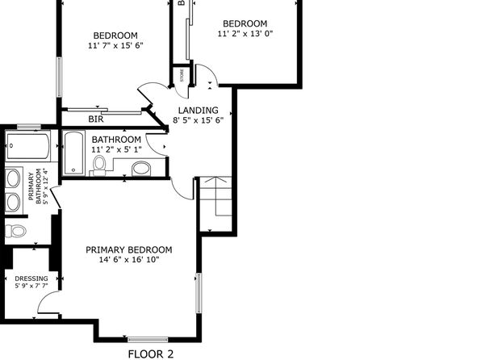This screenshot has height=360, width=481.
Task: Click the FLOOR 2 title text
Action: click(x=151, y=354)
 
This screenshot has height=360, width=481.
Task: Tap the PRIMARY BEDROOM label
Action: click(x=129, y=250)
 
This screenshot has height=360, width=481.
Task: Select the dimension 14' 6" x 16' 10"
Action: click(x=129, y=260)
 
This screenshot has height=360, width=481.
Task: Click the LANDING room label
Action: click(x=199, y=110)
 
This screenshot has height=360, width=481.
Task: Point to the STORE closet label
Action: click(x=182, y=76)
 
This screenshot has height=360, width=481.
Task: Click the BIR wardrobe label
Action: click(x=96, y=119)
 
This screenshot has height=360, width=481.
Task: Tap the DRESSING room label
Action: click(x=31, y=278)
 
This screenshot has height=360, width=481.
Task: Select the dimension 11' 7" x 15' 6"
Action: click(x=115, y=45)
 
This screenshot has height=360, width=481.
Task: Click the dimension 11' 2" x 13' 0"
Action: click(x=245, y=33)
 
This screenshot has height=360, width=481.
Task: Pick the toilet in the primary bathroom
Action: click(x=15, y=231)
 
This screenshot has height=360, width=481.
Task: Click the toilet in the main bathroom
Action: click(x=98, y=165)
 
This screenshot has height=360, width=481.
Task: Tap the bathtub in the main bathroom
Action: click(x=73, y=153)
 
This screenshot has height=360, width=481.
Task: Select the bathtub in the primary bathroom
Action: click(x=27, y=146)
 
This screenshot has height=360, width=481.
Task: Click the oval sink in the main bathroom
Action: click(x=141, y=169)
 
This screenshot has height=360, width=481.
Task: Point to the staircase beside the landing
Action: click(x=216, y=203)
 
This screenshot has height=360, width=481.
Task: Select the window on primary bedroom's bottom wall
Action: click(x=148, y=340)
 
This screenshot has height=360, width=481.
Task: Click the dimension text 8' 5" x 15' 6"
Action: click(x=199, y=120)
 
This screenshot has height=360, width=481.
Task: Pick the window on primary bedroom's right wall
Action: click(x=199, y=293)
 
